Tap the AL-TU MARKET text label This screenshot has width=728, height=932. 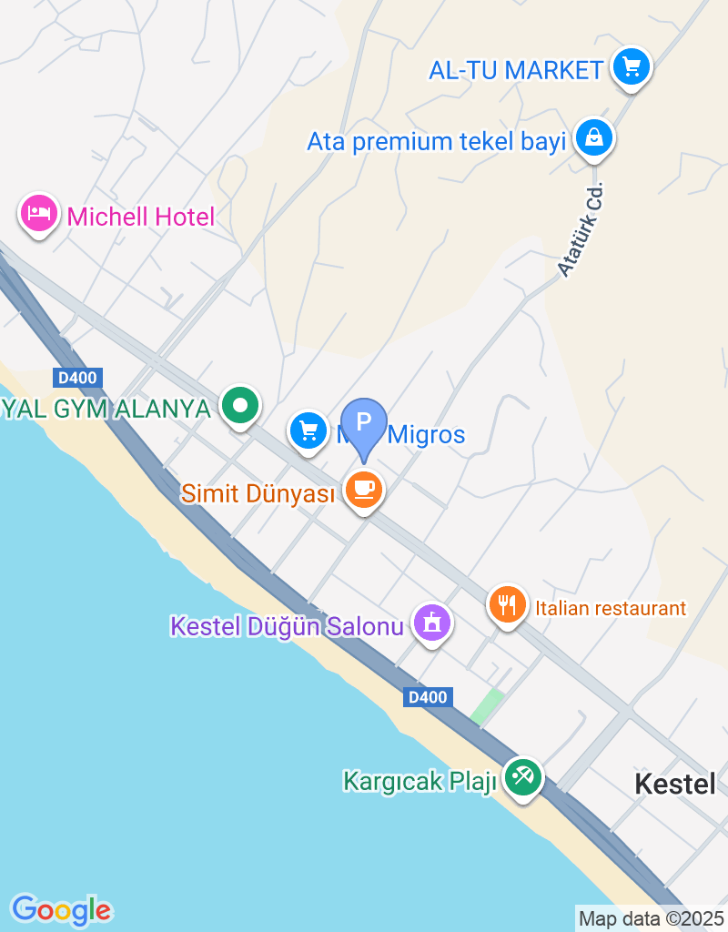[517, 69]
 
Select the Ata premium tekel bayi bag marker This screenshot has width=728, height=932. [594, 138]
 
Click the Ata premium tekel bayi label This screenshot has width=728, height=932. [437, 142]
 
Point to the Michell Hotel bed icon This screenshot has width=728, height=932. [38, 214]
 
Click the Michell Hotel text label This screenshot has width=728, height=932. [141, 217]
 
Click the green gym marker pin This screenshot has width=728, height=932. [240, 406]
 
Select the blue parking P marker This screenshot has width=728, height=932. [364, 424]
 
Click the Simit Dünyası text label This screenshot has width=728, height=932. [258, 493]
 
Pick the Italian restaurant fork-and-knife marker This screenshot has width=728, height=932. [508, 604]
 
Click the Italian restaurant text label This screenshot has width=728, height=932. [611, 608]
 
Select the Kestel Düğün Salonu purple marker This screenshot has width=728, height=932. [432, 623]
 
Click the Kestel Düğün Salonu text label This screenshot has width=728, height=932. [287, 627]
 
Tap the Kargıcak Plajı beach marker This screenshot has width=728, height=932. [522, 777]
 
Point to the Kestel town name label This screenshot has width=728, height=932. [675, 784]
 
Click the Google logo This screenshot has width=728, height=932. [61, 909]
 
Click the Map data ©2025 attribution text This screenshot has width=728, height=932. [651, 919]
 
